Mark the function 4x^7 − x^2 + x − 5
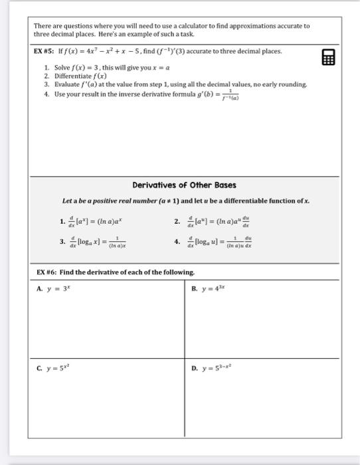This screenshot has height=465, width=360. click(101, 51)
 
